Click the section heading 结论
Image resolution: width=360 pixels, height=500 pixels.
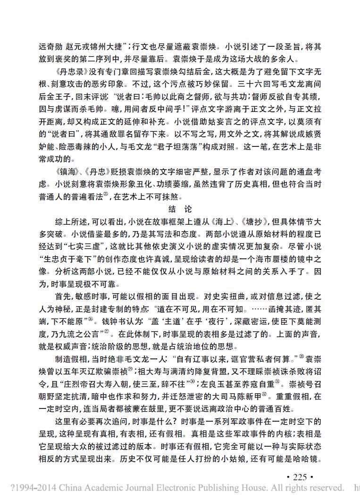pyautogui.click(x=180, y=209)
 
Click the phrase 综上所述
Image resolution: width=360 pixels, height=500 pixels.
pyautogui.click(x=68, y=220)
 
